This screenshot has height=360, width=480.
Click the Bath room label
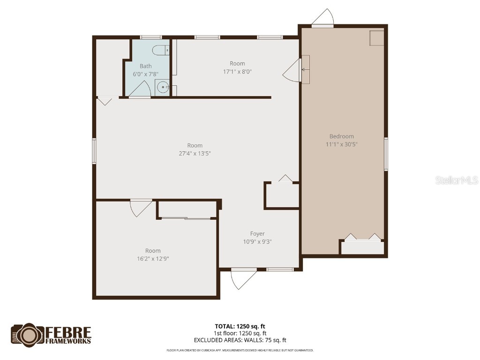pyautogui.click(x=145, y=66)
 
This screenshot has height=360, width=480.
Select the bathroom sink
pyautogui.click(x=162, y=87)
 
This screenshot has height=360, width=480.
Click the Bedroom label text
pyautogui.click(x=341, y=136)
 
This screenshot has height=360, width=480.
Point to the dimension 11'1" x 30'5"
pyautogui.click(x=341, y=144)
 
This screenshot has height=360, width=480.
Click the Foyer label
pyautogui.click(x=257, y=234)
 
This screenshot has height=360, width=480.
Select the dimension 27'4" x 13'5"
pyautogui.click(x=195, y=153)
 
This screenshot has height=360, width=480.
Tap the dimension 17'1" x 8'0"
pyautogui.click(x=237, y=72)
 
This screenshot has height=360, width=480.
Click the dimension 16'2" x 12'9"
pyautogui.click(x=153, y=258)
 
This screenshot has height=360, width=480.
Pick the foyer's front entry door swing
pyautogui.click(x=243, y=278)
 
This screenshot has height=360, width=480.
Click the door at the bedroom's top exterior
pyautogui.click(x=323, y=18)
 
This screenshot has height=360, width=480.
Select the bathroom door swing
pyautogui.click(x=142, y=89)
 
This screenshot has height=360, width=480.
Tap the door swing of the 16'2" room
pyautogui.click(x=141, y=208)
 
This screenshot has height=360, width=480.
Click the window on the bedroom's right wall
pyautogui.click(x=386, y=154)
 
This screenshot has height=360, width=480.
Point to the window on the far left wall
pyautogui.click(x=94, y=151)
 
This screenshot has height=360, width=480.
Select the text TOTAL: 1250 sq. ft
pyautogui.click(x=240, y=326)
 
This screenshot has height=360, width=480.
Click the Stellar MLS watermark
pyautogui.click(x=456, y=180)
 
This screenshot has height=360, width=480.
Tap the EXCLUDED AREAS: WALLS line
pyautogui.click(x=240, y=340)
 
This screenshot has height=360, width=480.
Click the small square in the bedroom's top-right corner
pyautogui.click(x=376, y=38)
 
